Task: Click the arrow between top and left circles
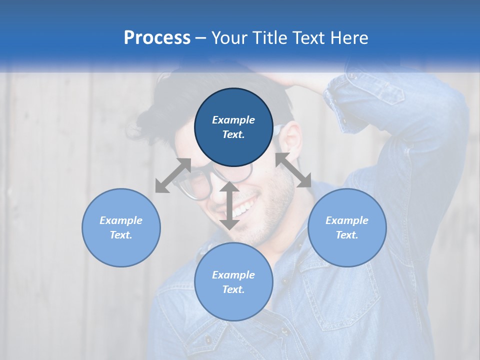pyautogui.click(x=173, y=175)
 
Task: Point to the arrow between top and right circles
pyautogui.click(x=293, y=170)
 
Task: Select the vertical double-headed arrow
pyautogui.click(x=229, y=205)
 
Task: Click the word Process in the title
pyautogui.click(x=157, y=37)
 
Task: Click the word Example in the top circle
pyautogui.click(x=233, y=120)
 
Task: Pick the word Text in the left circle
pyautogui.click(x=121, y=235)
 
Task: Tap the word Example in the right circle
pyautogui.click(x=347, y=220)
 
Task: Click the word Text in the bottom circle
pyautogui.click(x=233, y=289)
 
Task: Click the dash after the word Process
pyautogui.click(x=201, y=38)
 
